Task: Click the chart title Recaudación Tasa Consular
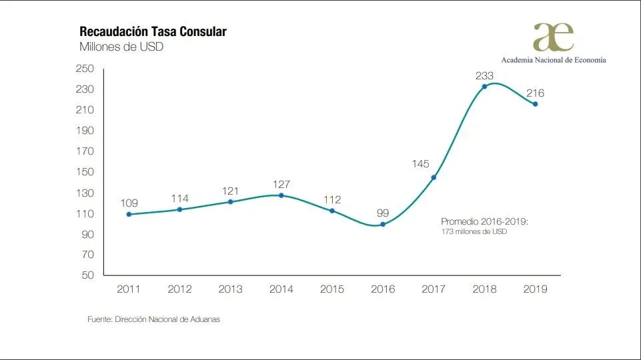pyautogui.click(x=153, y=32)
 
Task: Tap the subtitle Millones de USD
pyautogui.click(x=121, y=47)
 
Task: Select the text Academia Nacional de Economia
pyautogui.click(x=554, y=59)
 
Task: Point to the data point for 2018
pyautogui.click(x=484, y=87)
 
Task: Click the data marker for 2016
pyautogui.click(x=382, y=224)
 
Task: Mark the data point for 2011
pyautogui.click(x=128, y=214)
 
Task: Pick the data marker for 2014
pyautogui.click(x=281, y=195)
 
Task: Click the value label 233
pyautogui.click(x=484, y=75)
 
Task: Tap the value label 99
pyautogui.click(x=382, y=213)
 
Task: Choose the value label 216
pyautogui.click(x=535, y=93)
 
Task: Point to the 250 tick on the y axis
pyautogui.click(x=85, y=69)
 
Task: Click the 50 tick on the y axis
pyautogui.click(x=87, y=275)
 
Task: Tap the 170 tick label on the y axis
pyautogui.click(x=85, y=151)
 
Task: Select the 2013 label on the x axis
pyautogui.click(x=230, y=289)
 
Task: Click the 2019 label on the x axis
pyautogui.click(x=535, y=289)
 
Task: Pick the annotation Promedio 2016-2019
pyautogui.click(x=485, y=221)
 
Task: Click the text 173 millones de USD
pyautogui.click(x=474, y=231)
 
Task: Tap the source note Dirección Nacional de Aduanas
pyautogui.click(x=153, y=319)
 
